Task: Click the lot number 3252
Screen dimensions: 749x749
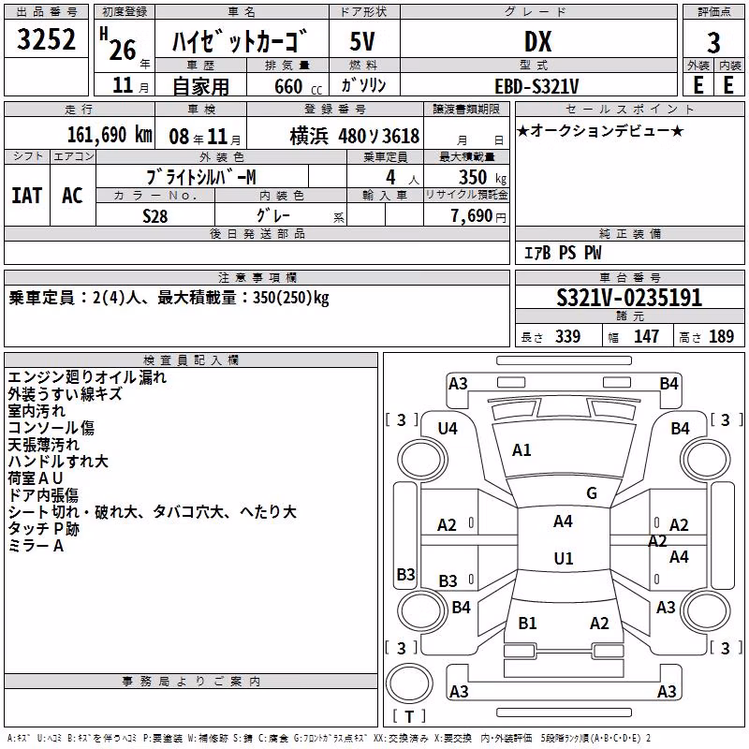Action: (46, 39)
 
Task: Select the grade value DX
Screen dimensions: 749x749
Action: (537, 41)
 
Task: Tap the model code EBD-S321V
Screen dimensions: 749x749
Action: (536, 86)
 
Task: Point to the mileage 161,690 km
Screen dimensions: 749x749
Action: (110, 135)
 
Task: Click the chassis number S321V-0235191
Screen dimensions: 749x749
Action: (629, 298)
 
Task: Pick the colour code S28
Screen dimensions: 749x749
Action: (155, 216)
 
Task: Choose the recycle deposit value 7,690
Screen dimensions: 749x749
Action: (472, 216)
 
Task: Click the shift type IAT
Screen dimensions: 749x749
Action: (27, 196)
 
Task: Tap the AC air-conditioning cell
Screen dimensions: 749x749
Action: (72, 196)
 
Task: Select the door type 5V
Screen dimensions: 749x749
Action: (362, 41)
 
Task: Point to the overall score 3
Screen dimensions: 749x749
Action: (713, 43)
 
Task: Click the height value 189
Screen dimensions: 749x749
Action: (721, 336)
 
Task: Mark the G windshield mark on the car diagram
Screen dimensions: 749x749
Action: (592, 492)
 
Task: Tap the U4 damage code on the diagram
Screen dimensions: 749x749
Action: (448, 429)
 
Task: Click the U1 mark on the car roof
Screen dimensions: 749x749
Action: (564, 558)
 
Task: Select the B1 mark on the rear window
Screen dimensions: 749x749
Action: (527, 623)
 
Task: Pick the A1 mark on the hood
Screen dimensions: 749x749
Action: (521, 450)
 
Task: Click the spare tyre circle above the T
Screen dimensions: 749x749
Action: (409, 683)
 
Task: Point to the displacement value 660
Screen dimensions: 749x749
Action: (288, 86)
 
